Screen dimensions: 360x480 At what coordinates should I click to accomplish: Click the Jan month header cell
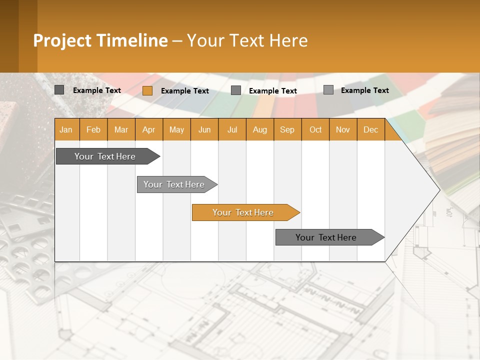66,129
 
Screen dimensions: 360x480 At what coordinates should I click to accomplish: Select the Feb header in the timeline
93,129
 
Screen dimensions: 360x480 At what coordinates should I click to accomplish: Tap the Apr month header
149,129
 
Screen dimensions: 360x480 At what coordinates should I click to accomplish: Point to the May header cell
176,129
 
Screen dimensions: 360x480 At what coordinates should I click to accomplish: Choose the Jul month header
232,129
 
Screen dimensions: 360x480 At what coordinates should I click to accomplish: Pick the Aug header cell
260,129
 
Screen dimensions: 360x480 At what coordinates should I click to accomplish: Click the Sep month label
287,129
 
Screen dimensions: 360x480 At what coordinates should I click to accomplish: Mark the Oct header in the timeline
315,129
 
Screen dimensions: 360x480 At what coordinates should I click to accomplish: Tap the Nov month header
343,129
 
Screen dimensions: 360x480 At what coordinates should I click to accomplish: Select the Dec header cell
370,129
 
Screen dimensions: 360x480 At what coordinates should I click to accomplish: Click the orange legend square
147,90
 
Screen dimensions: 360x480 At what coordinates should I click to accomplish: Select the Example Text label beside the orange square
185,91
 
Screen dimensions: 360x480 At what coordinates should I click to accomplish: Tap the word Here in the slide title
288,40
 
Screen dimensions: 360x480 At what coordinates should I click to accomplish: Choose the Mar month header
121,129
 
